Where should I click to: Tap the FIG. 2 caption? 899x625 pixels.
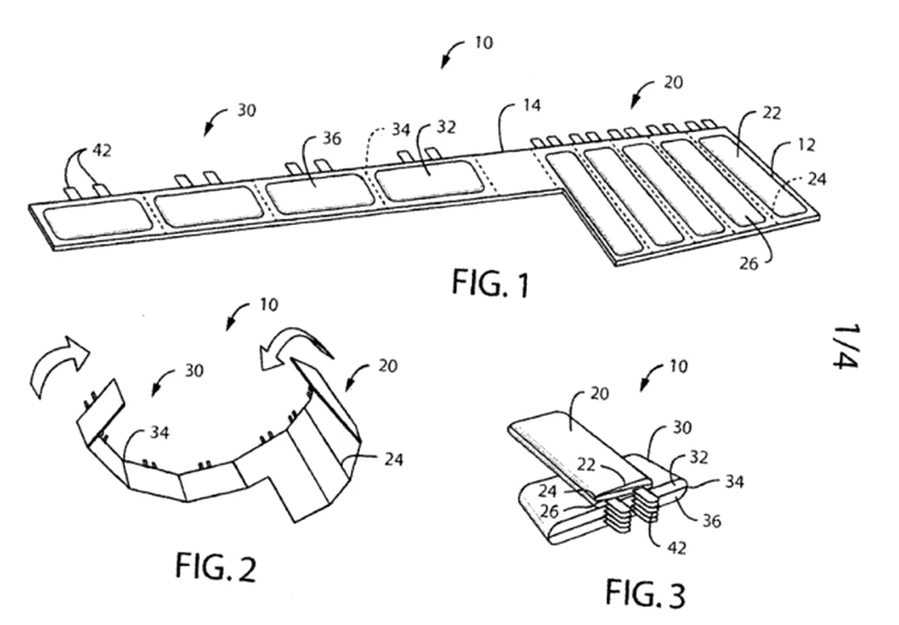(x=215, y=566)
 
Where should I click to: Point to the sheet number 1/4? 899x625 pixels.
(x=846, y=347)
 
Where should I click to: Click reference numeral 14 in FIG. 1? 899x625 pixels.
(x=531, y=105)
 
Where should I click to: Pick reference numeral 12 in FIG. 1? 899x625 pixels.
(x=806, y=145)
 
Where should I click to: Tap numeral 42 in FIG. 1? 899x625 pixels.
(x=102, y=151)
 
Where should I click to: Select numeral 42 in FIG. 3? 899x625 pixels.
(x=677, y=547)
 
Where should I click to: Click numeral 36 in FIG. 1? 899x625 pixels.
(x=331, y=138)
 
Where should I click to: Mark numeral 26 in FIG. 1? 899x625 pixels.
(x=748, y=263)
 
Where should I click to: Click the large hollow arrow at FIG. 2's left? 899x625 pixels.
(x=57, y=366)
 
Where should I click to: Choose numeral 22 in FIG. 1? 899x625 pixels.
(x=771, y=113)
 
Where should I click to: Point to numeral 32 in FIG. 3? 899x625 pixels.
(x=698, y=457)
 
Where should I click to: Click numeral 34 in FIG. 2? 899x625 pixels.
(x=160, y=432)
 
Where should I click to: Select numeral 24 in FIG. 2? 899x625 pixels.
(x=394, y=459)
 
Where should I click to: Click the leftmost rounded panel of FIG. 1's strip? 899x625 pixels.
(x=96, y=218)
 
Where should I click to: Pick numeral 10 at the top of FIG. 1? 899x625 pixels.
(x=483, y=43)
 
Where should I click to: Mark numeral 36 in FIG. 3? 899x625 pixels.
(x=712, y=521)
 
